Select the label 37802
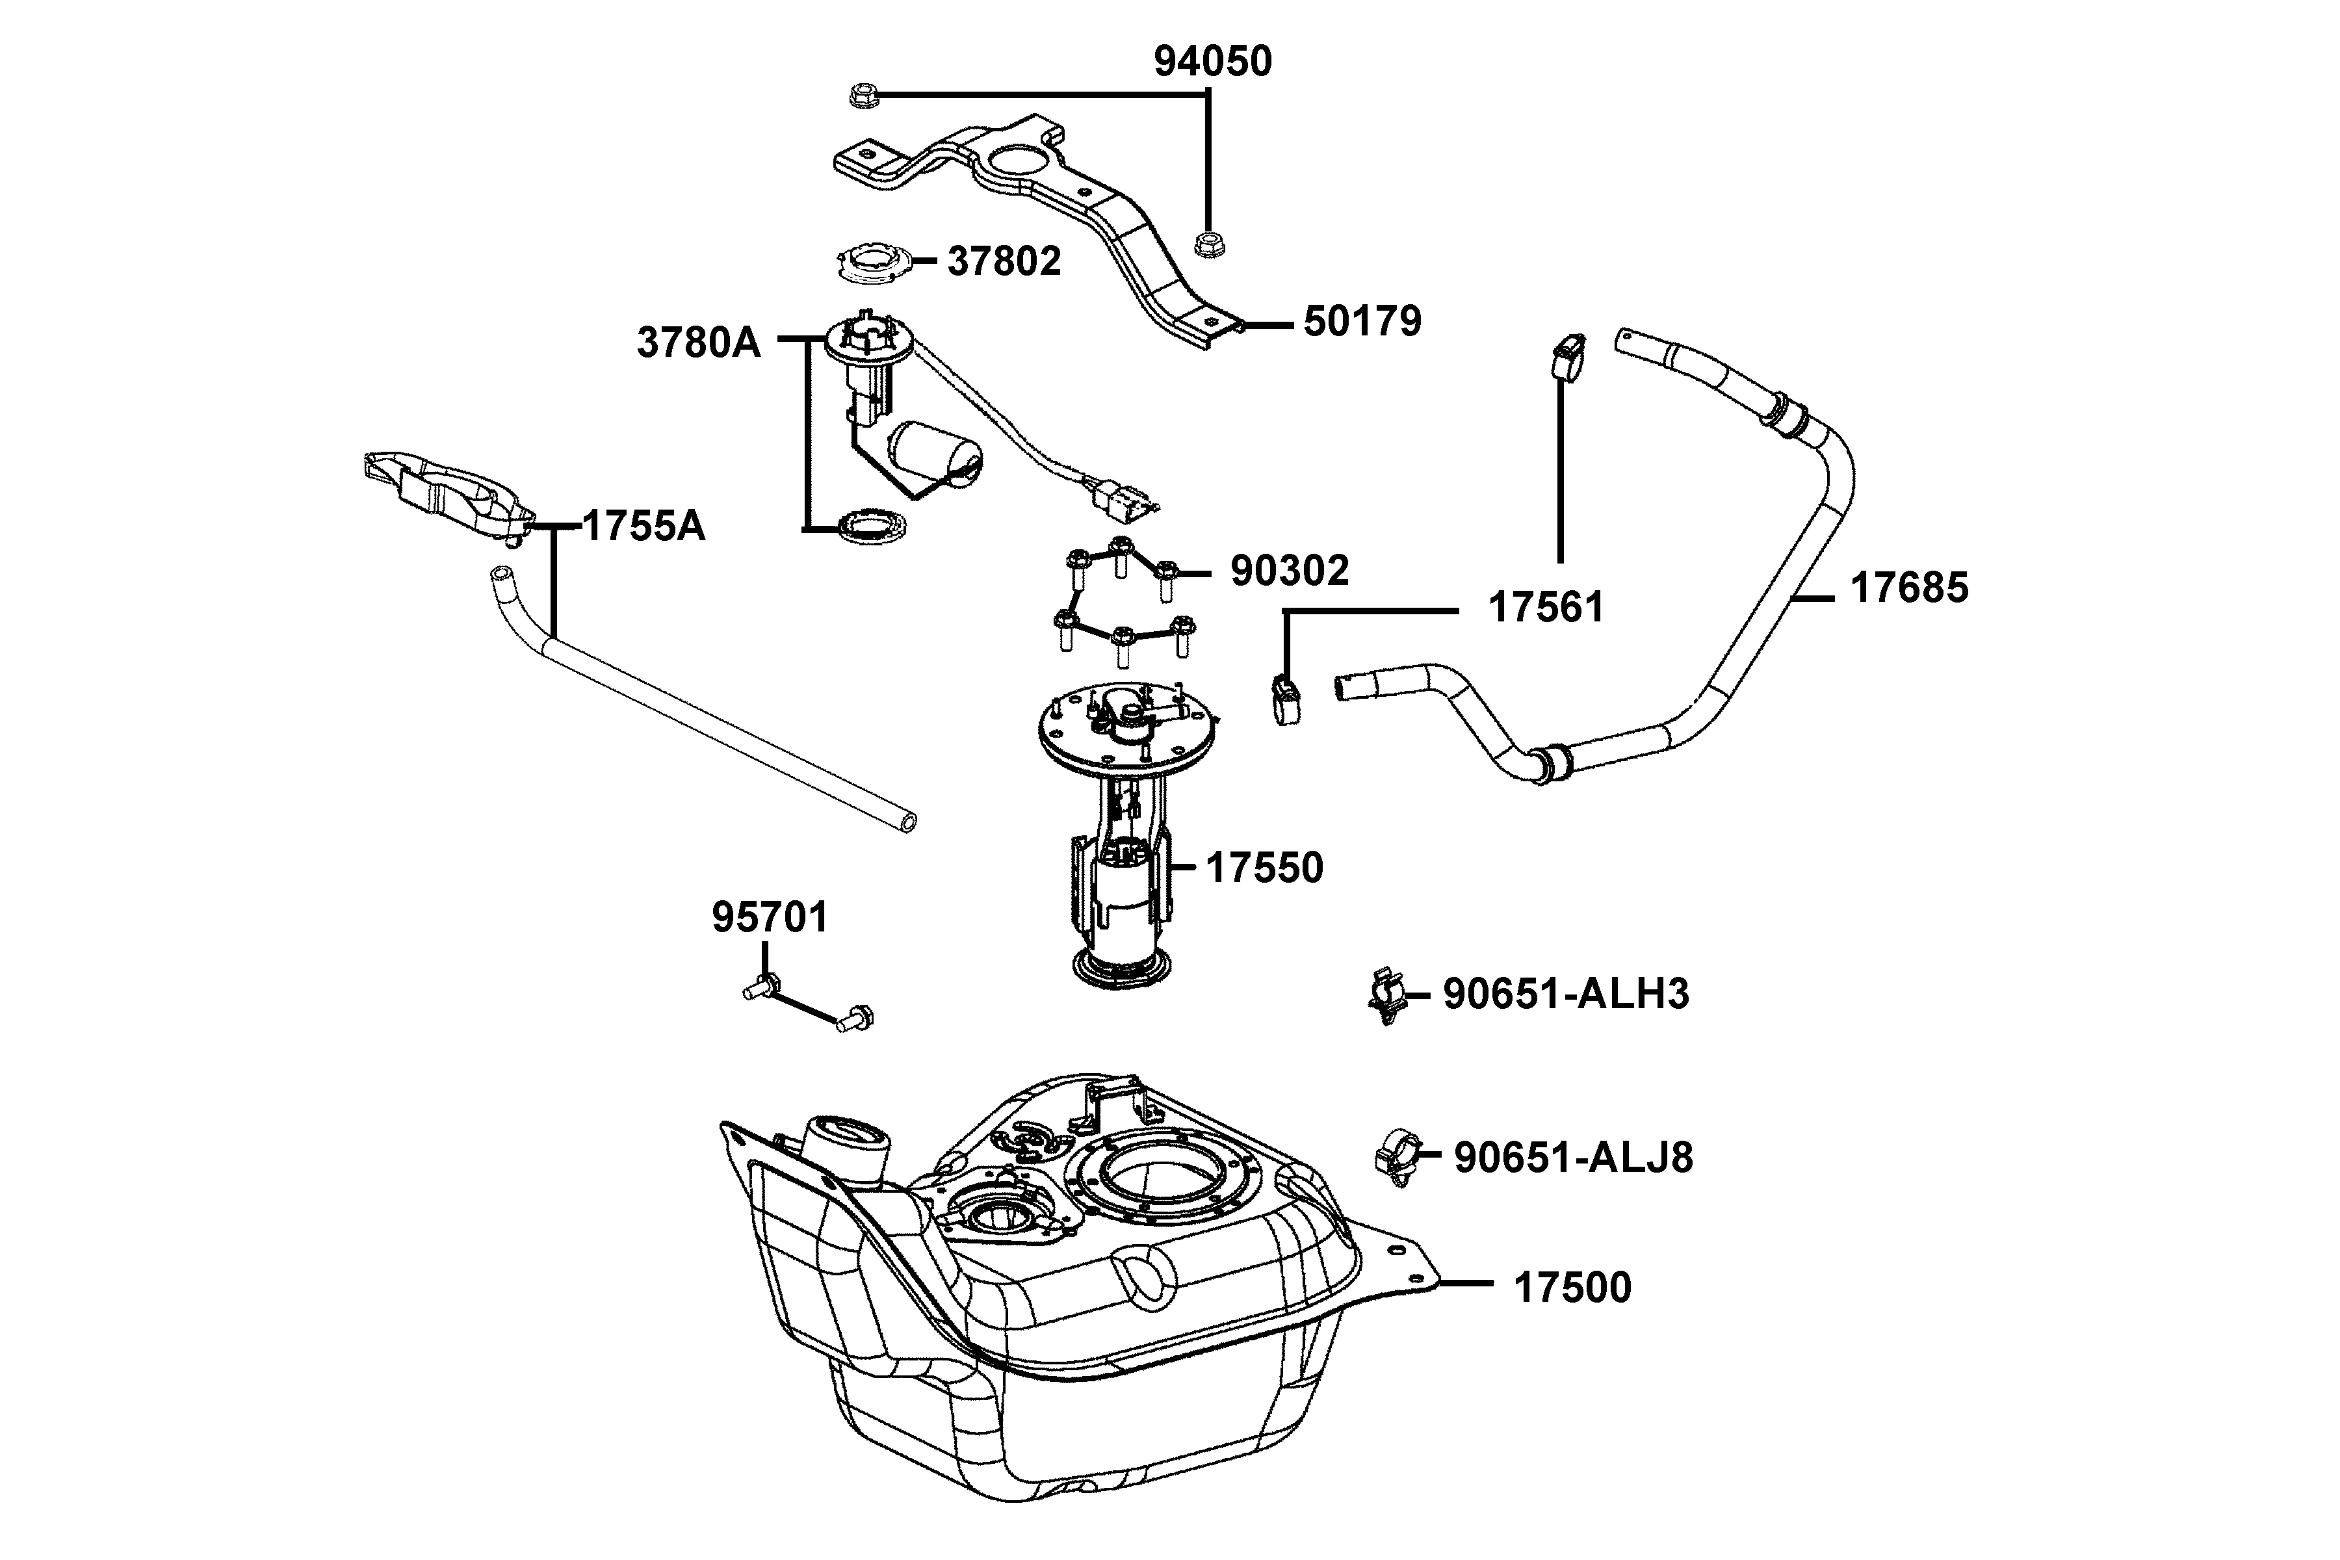point(1003,262)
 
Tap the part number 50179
point(1362,322)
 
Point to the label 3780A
point(698,343)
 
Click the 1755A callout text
point(643,526)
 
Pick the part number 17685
point(1908,588)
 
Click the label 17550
point(1264,868)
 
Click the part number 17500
point(1572,1288)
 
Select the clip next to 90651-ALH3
point(1388,996)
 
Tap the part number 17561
point(1545,608)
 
